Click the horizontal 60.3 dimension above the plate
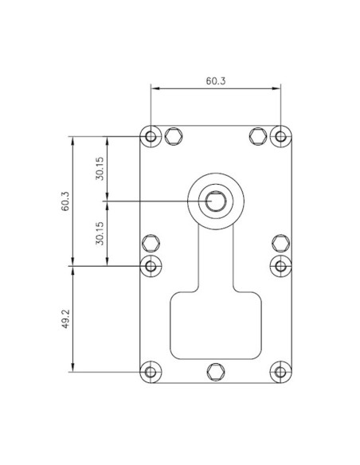[x=214, y=81]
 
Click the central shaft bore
[x=215, y=201]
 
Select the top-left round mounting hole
[x=151, y=136]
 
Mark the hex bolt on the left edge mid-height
[x=151, y=242]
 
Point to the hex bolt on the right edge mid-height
[x=280, y=242]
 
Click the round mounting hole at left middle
[x=151, y=264]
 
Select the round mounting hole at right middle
[x=280, y=264]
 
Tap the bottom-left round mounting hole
[x=151, y=371]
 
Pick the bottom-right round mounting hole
[x=280, y=371]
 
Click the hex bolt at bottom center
[x=215, y=371]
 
